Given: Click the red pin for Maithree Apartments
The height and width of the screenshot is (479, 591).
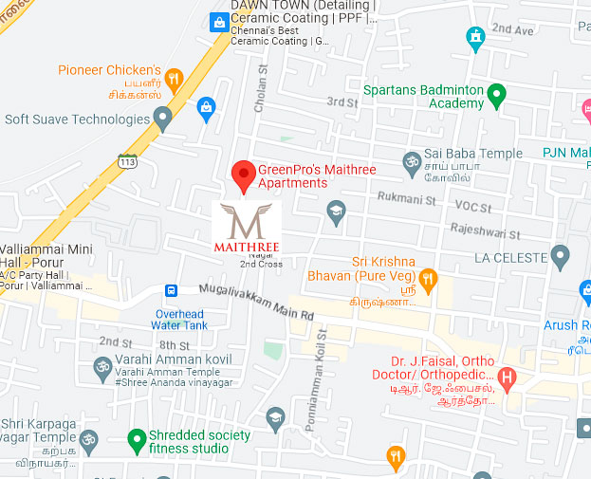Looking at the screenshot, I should (x=244, y=174).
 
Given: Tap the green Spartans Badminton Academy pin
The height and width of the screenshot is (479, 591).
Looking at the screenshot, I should (x=496, y=95).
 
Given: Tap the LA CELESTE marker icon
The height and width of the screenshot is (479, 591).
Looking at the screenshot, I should (x=560, y=256).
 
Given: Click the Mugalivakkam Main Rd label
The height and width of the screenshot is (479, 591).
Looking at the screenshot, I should (x=257, y=302).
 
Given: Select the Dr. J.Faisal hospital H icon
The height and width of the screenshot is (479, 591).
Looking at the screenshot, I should (x=507, y=380).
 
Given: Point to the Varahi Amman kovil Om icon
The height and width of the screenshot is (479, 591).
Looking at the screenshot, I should (x=102, y=365).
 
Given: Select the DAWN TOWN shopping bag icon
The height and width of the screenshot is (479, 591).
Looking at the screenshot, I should (x=220, y=21).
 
